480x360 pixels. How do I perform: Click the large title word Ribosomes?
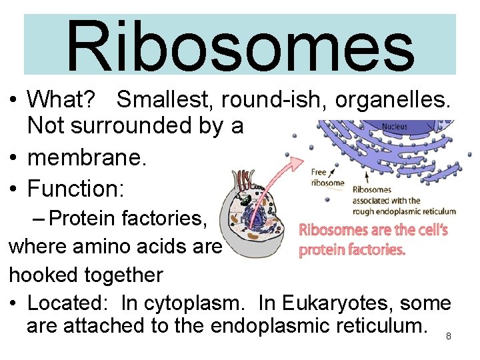(240, 45)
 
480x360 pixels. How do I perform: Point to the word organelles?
(394, 100)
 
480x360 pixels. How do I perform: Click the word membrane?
(86, 159)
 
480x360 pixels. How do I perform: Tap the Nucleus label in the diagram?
(395, 127)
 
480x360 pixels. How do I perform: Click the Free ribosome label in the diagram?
(327, 177)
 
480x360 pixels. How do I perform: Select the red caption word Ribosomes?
(329, 231)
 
